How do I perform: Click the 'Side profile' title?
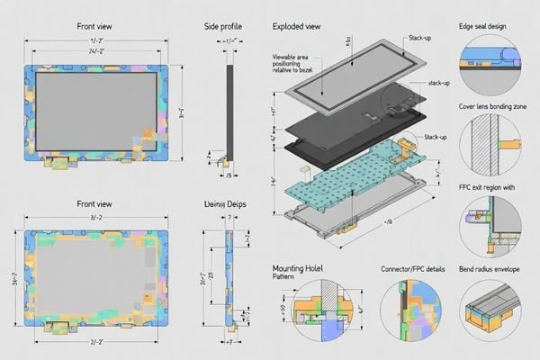[224, 28]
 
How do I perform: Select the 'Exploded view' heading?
[298, 28]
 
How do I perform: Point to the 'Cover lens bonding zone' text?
[492, 106]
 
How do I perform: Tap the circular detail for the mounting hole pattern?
[323, 311]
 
